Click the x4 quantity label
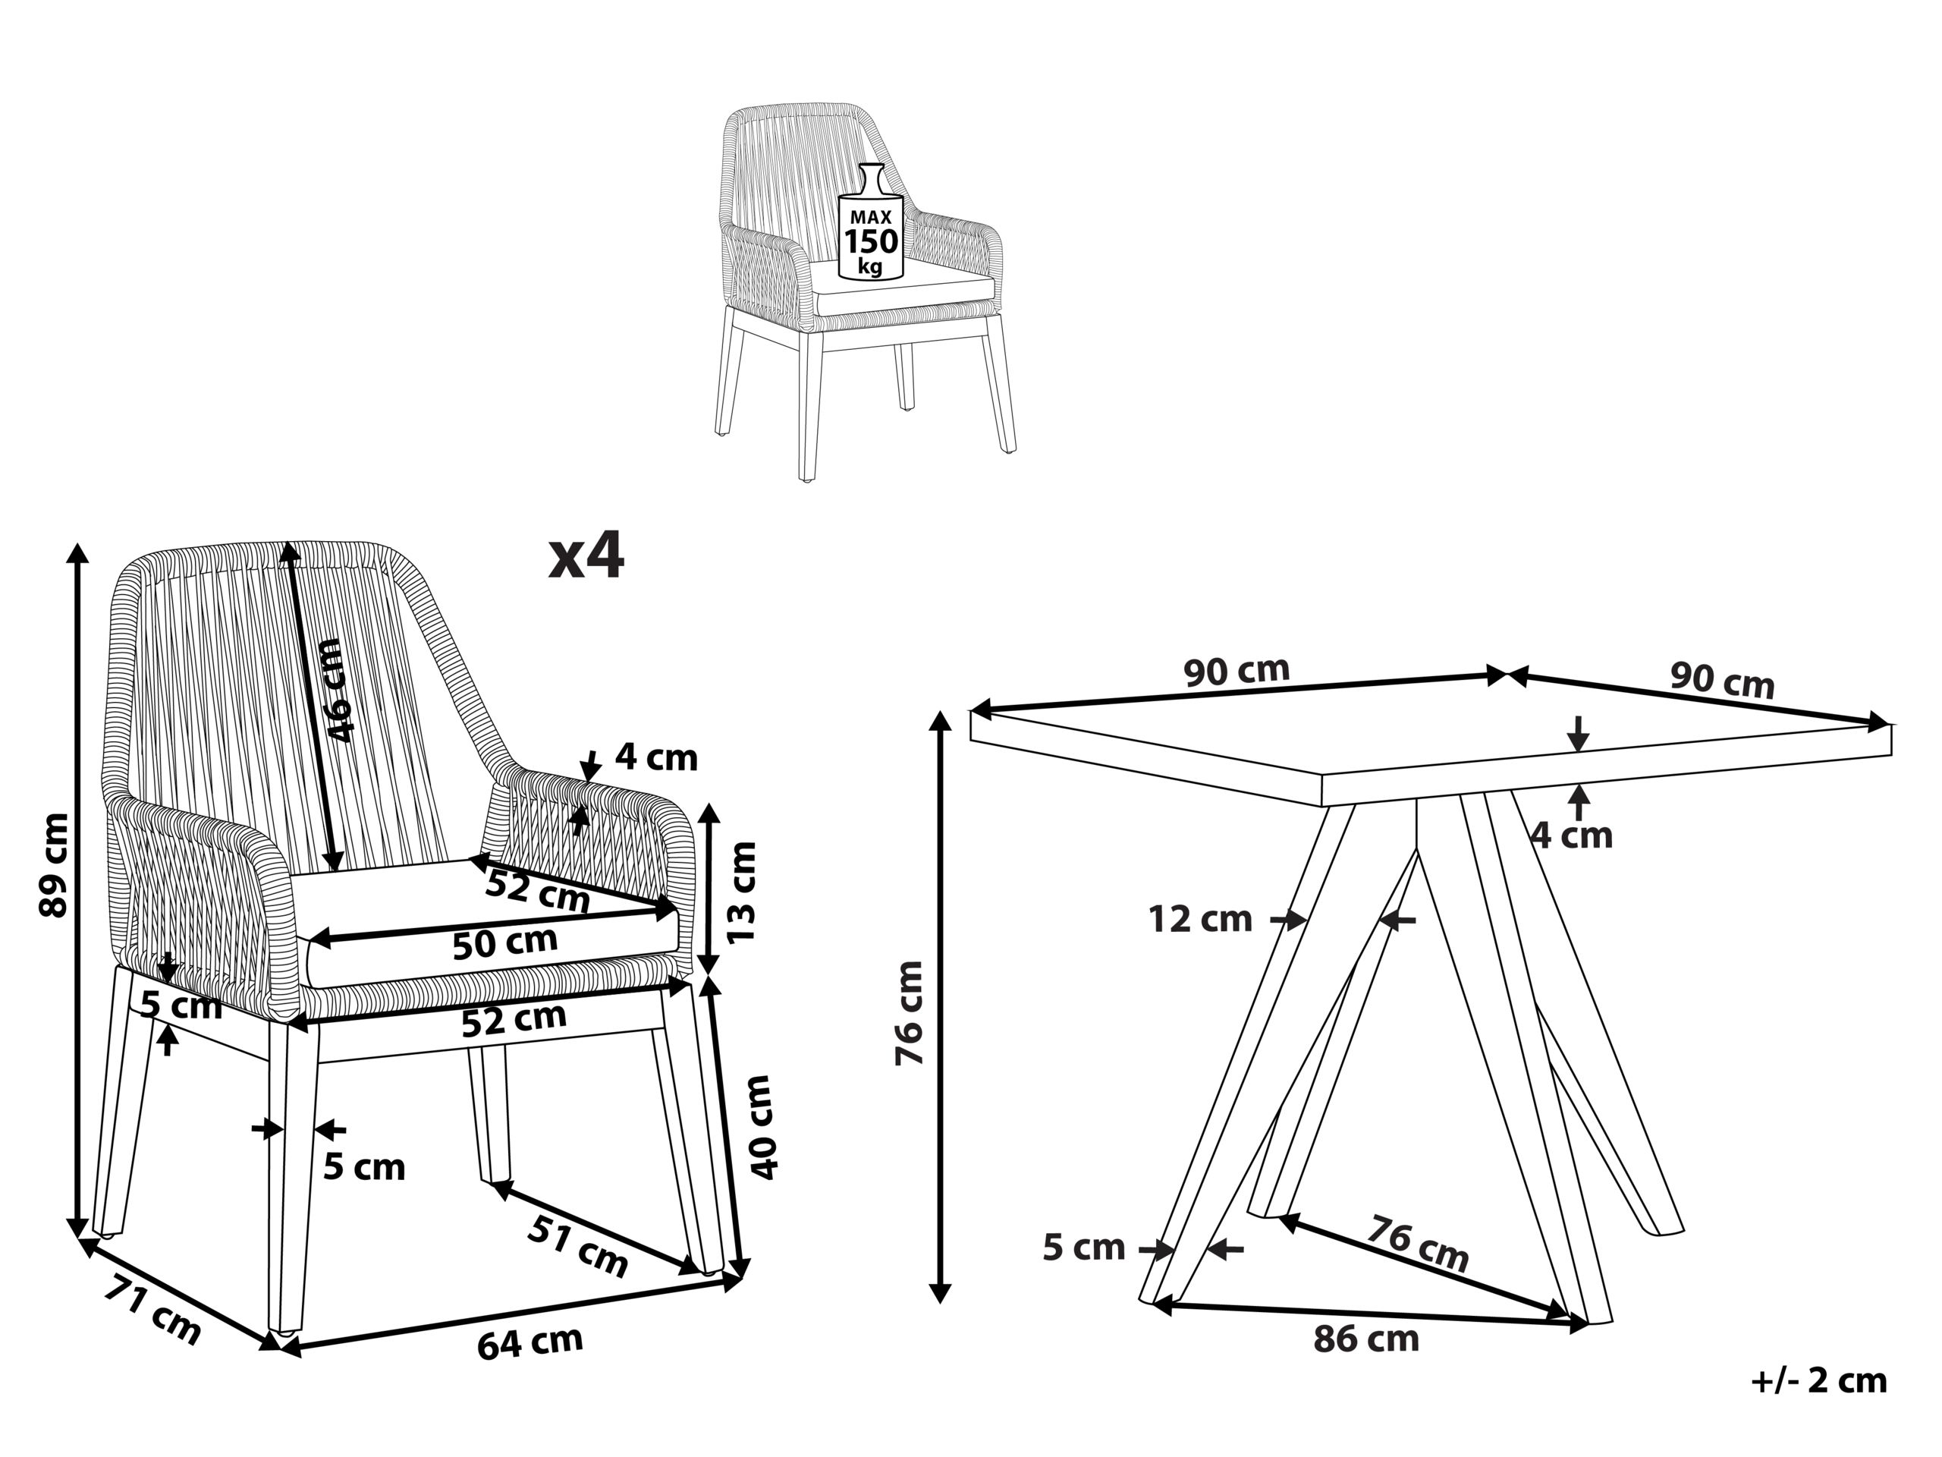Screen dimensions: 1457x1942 586,557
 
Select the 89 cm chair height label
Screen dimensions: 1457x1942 55,865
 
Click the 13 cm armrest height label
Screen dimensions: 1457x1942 742,892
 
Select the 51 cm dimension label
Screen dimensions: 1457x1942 578,1245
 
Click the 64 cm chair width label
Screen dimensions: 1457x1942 530,1342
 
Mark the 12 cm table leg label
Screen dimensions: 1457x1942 1200,920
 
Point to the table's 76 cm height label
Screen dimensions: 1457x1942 910,1012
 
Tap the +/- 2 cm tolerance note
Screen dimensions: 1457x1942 1819,1380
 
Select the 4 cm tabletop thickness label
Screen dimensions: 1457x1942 1573,835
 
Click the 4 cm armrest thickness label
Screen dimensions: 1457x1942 656,757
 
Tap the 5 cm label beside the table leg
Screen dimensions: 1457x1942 1083,1247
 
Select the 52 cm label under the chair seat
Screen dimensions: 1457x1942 514,1020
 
